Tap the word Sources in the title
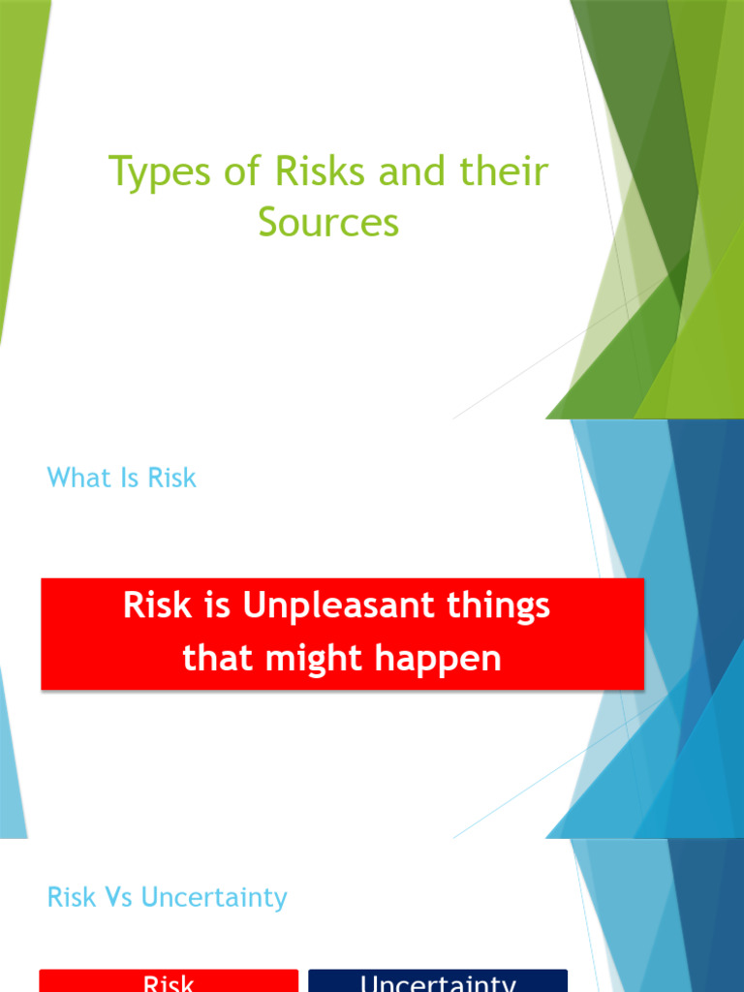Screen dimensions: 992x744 click(x=328, y=222)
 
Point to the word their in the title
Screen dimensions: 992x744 click(x=503, y=172)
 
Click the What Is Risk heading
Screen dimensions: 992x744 click(x=121, y=478)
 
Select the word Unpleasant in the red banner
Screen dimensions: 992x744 click(x=331, y=606)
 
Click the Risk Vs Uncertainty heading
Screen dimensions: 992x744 click(x=167, y=897)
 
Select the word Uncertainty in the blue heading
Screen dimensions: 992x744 click(x=214, y=897)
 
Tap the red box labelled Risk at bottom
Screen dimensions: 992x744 click(x=169, y=980)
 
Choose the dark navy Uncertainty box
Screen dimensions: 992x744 click(x=438, y=980)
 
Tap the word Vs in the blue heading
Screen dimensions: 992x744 click(x=119, y=897)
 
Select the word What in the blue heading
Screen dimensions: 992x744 click(x=78, y=478)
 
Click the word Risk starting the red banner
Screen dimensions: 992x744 click(x=152, y=606)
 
